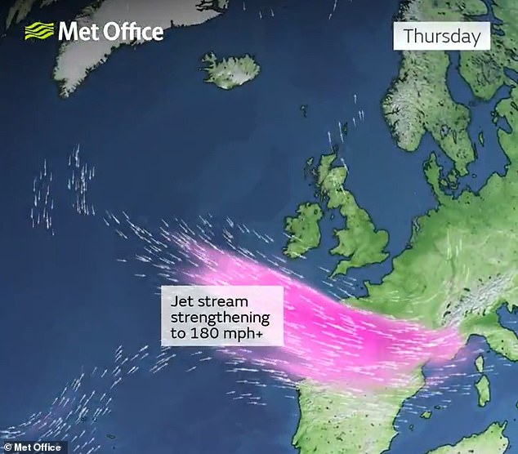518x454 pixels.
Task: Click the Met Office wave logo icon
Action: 38,31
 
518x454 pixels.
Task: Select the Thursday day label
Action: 442,36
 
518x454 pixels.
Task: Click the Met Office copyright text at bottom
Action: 33,447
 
